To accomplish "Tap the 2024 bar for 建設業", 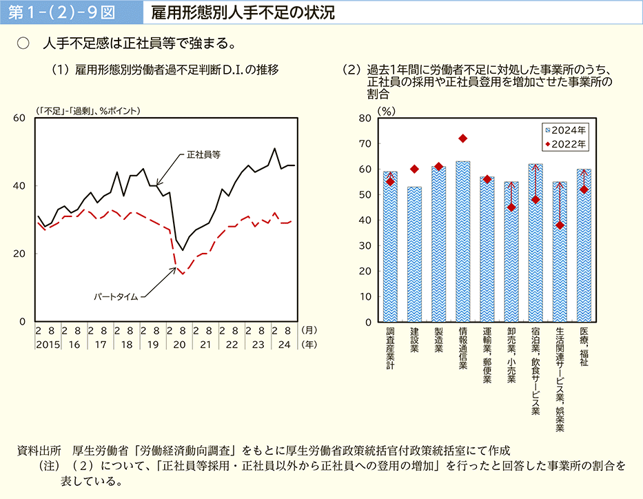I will point(414,255).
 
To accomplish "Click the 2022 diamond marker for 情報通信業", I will point(462,139).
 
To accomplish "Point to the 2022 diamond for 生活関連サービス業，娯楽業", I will point(560,225).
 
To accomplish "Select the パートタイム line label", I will point(116,297).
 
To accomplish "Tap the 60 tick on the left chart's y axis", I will point(19,118).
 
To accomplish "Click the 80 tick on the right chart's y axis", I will point(365,119).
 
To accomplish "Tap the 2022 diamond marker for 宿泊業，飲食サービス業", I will point(535,200).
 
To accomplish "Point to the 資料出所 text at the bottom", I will point(39,451).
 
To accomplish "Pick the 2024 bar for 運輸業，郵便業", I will point(487,250).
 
